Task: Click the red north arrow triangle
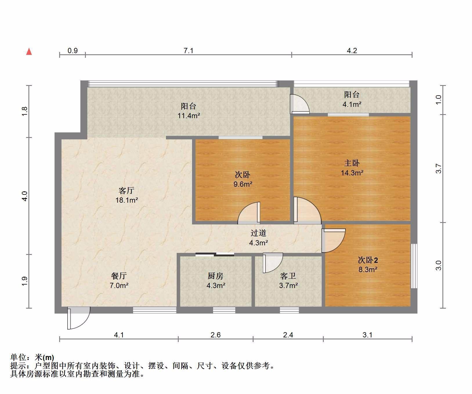29,52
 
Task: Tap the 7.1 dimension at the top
188,51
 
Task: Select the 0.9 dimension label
73,51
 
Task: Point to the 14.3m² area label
352,173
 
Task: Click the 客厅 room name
126,190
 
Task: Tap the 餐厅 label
119,276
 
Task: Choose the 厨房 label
216,276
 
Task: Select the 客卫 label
288,276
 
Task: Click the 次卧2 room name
368,260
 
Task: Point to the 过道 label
258,233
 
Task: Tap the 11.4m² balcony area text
189,116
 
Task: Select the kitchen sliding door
215,255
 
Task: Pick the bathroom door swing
272,263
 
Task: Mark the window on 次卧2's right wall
414,266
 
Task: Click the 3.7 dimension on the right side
438,169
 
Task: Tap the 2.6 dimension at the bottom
216,335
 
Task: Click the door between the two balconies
300,104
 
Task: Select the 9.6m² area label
243,184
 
